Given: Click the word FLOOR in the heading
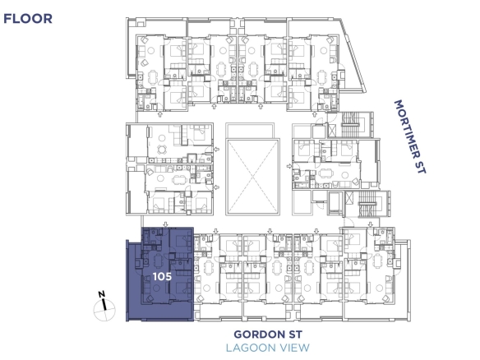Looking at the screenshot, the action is [x=28, y=19].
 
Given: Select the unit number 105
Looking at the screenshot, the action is [x=162, y=276].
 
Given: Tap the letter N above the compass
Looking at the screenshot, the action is [x=102, y=294].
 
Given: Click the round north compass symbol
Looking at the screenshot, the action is [x=104, y=310].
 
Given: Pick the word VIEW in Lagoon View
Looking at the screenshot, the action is [x=293, y=348].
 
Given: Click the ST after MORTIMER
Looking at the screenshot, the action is [x=421, y=167].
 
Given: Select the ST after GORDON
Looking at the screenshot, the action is [x=295, y=335].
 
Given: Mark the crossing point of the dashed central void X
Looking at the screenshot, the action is [x=252, y=177].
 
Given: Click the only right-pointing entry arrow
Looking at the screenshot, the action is [x=289, y=166].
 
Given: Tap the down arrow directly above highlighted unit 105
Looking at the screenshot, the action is [x=165, y=224].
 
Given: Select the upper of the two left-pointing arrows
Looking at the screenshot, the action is [x=217, y=150].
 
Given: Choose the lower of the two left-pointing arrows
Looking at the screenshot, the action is [x=217, y=187].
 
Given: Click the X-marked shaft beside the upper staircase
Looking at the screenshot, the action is [x=332, y=130].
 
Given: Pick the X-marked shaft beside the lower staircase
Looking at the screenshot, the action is [x=349, y=198].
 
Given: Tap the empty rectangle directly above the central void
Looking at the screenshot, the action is [x=250, y=131].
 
